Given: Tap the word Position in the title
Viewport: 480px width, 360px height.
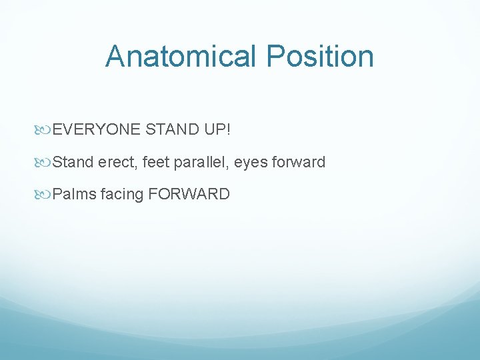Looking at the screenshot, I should [x=320, y=56].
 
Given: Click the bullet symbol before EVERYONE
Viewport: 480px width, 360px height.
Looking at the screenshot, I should [x=46, y=129].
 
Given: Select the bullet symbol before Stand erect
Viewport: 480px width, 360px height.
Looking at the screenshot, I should [x=46, y=162].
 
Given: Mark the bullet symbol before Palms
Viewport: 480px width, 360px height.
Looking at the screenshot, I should [x=46, y=195].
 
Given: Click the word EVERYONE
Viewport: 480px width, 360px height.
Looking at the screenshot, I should [x=97, y=129].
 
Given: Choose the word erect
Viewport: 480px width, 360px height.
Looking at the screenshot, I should [x=116, y=162].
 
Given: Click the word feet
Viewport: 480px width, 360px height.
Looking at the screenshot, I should [x=155, y=162].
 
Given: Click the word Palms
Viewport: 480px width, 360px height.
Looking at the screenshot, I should [x=74, y=195].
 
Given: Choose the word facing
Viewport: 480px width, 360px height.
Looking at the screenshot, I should [x=122, y=195].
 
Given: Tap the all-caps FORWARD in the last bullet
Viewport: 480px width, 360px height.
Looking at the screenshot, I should [x=189, y=195].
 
